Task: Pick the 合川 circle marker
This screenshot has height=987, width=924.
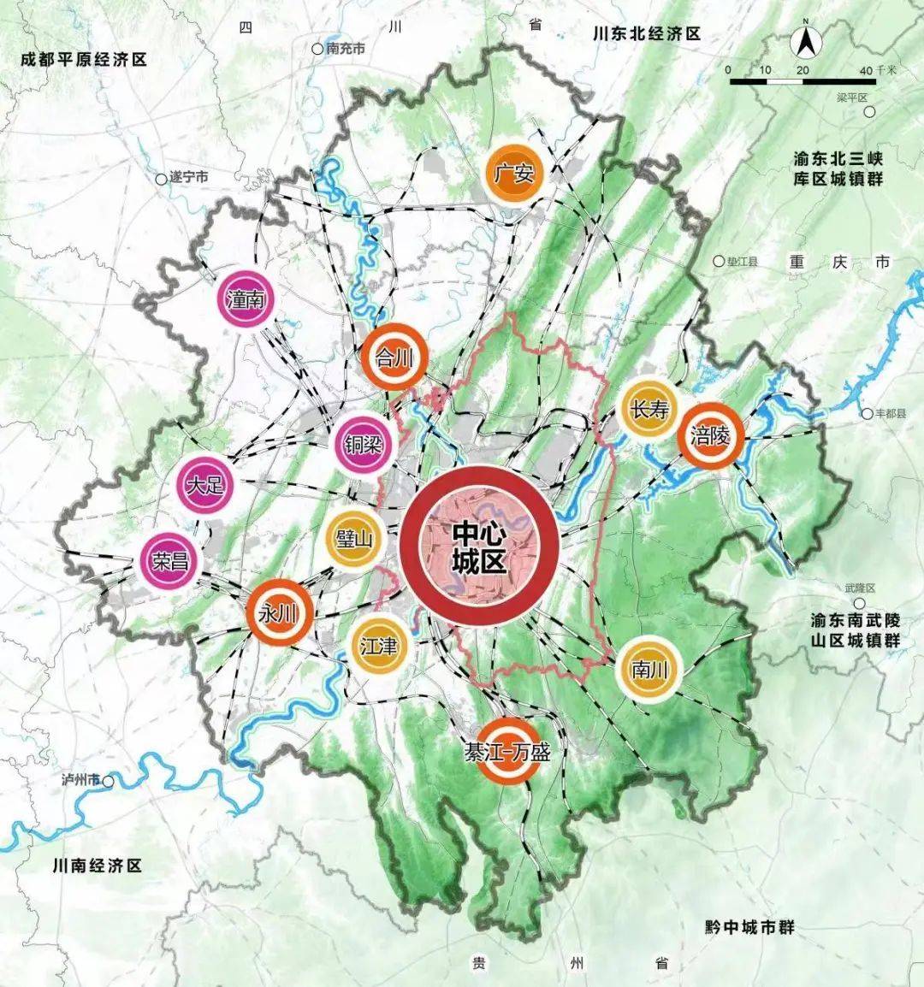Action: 394,358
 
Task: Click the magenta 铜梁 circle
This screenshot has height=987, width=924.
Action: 363,444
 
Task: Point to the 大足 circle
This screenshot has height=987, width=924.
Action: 205,486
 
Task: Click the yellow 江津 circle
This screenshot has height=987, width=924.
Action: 379,646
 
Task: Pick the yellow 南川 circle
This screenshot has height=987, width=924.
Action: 648,670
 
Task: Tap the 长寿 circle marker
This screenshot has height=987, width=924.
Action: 649,411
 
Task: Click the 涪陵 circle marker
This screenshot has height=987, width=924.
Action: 710,435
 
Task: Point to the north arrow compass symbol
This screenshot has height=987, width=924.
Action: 805,41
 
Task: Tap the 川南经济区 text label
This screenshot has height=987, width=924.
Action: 96,866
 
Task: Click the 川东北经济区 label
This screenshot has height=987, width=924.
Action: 647,33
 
